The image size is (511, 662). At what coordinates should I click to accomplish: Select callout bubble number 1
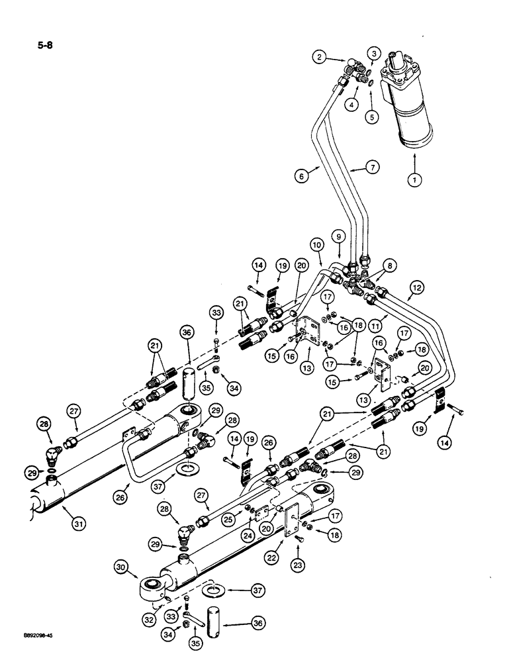click(x=414, y=179)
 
